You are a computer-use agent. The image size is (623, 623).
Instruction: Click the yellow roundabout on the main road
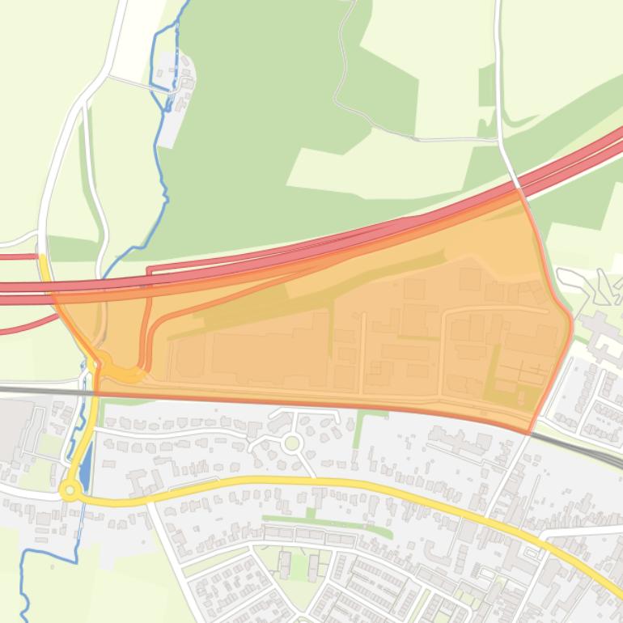(x=70, y=489)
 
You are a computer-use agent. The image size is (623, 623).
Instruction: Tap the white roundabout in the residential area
(x=292, y=443)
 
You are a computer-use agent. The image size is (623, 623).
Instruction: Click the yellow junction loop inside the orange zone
(x=121, y=372)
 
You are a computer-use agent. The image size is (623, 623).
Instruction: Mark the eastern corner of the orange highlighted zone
(x=570, y=324)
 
